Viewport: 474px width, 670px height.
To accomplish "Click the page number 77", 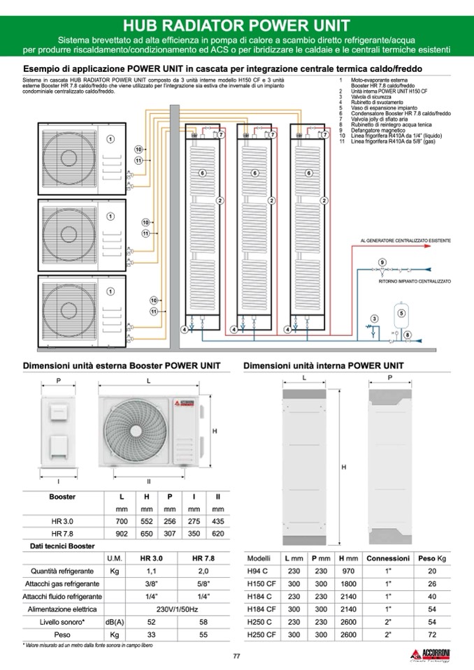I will tap(236, 655).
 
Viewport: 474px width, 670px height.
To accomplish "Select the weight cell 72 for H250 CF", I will tap(431, 634).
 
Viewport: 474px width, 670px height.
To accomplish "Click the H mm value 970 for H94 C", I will tap(348, 571).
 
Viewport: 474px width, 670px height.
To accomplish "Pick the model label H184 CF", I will tap(263, 609).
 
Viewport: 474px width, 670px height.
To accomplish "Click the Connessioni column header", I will tap(388, 558).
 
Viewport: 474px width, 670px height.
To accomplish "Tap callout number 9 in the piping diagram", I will tap(382, 261).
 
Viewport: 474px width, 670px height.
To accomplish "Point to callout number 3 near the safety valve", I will tap(375, 319).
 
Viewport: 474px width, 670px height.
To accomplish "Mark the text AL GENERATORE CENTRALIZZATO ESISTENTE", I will tap(405, 240).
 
